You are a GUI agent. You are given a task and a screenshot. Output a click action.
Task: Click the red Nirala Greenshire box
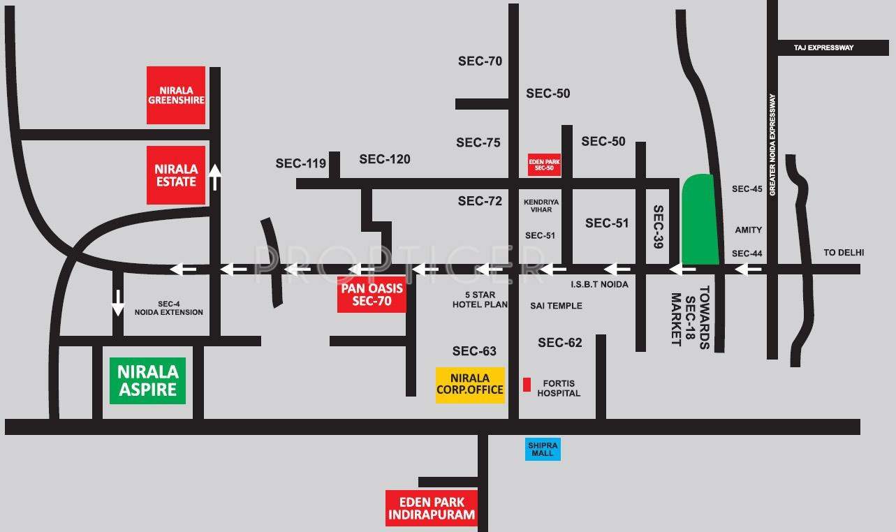pyautogui.click(x=176, y=95)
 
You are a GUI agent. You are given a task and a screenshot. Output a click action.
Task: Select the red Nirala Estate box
pyautogui.click(x=176, y=175)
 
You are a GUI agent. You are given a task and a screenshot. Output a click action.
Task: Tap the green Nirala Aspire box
pyautogui.click(x=147, y=380)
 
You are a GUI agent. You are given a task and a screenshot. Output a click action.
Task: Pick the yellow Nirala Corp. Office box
pyautogui.click(x=470, y=384)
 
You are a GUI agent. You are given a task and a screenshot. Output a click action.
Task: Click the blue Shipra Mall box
pyautogui.click(x=543, y=449)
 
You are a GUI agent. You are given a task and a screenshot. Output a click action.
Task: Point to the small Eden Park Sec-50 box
pyautogui.click(x=544, y=165)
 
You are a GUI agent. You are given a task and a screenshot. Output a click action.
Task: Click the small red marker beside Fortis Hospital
pyautogui.click(x=527, y=384)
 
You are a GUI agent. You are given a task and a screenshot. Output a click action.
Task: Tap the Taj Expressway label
pyautogui.click(x=823, y=47)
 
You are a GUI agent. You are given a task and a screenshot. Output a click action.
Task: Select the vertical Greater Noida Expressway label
pyautogui.click(x=773, y=145)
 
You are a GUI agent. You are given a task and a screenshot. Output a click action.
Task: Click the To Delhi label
pyautogui.click(x=844, y=253)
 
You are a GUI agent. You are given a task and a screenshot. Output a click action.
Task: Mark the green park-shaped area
pyautogui.click(x=700, y=219)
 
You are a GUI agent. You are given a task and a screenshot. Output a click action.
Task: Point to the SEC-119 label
pyautogui.click(x=300, y=163)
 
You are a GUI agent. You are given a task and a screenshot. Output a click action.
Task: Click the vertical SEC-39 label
pyautogui.click(x=657, y=227)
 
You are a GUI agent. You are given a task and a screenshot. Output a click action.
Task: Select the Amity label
pyautogui.click(x=748, y=230)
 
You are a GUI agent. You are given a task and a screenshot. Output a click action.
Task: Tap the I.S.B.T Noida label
pyautogui.click(x=598, y=284)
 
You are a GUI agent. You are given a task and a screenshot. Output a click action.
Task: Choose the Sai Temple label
pyautogui.click(x=556, y=306)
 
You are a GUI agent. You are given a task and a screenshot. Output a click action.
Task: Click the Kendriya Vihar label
pyautogui.click(x=541, y=207)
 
